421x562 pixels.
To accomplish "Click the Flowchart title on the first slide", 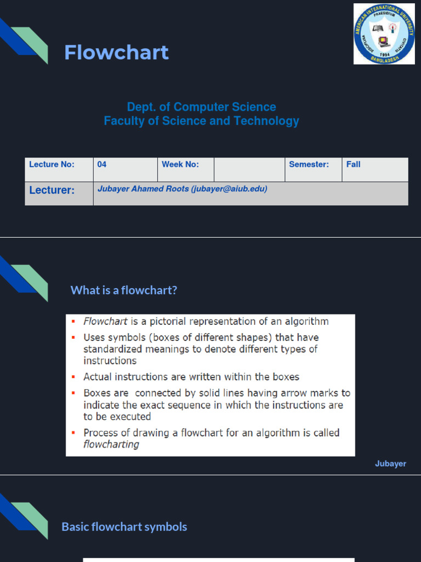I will tap(116, 53).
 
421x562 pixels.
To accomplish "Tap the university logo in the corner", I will tap(384, 33).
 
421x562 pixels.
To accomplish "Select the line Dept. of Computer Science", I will tap(201, 107).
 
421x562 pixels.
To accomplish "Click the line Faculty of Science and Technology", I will tap(201, 121).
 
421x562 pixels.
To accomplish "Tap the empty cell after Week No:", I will tap(249, 170).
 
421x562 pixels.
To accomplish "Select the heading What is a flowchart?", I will tap(124, 290).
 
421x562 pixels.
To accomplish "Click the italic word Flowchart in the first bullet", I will tap(105, 322).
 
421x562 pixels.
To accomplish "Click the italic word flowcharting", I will tap(111, 445).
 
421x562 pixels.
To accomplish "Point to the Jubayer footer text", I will tap(390, 464).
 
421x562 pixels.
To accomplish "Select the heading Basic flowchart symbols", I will tap(124, 527).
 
